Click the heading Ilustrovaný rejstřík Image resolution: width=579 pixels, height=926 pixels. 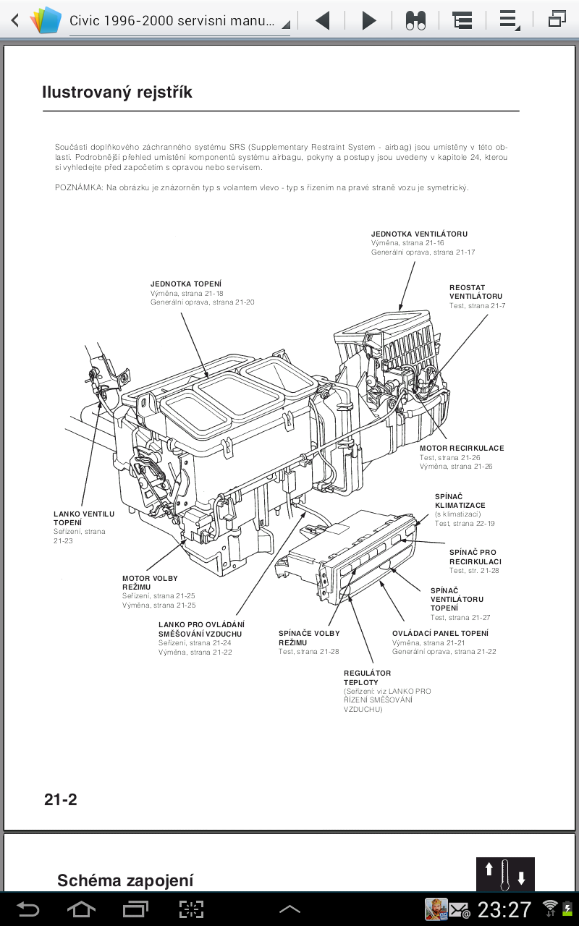coord(117,93)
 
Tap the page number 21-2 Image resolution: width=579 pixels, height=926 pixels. coord(61,799)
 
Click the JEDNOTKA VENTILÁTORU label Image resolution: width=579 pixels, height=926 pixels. coord(419,234)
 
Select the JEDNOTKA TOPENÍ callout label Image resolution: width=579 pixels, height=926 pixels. coord(186,284)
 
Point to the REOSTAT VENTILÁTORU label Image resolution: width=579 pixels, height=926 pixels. coord(476,292)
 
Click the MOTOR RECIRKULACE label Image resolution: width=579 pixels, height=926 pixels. coord(462,448)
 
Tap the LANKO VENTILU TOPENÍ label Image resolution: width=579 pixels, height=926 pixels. coord(84,518)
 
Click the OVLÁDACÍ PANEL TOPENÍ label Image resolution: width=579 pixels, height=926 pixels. coord(440,633)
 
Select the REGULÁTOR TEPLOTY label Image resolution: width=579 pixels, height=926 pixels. coord(368,678)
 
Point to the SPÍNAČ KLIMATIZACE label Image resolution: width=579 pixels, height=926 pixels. coord(460,501)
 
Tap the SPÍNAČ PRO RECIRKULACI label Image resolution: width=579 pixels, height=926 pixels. coord(475,557)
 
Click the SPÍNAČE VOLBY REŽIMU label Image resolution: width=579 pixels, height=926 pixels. coord(309,637)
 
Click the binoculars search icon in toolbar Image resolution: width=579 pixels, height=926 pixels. coord(415,20)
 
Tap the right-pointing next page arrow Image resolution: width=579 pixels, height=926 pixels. coord(369,20)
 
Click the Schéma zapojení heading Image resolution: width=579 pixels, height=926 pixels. coord(125,880)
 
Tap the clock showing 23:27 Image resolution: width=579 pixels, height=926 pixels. coord(504,909)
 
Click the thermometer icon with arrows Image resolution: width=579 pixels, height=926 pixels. coord(505,874)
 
